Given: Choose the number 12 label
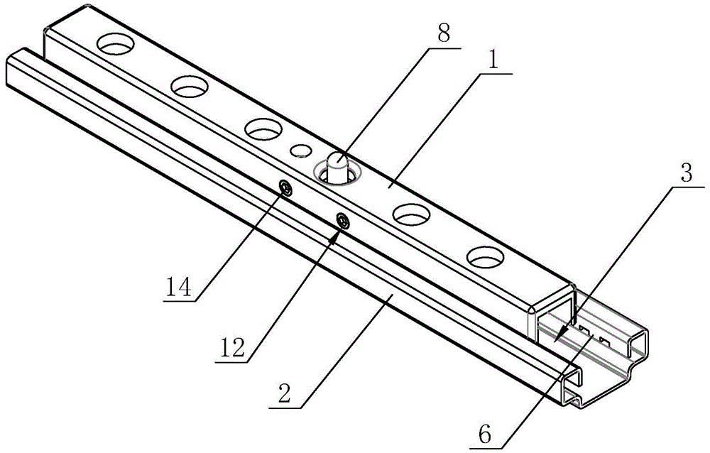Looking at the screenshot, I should pyautogui.click(x=234, y=347).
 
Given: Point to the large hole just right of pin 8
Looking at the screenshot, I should pyautogui.click(x=413, y=212).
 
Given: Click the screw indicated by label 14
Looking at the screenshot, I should pyautogui.click(x=286, y=188).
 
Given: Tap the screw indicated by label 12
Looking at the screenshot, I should pyautogui.click(x=342, y=221).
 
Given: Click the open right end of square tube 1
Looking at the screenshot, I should pyautogui.click(x=552, y=313).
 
